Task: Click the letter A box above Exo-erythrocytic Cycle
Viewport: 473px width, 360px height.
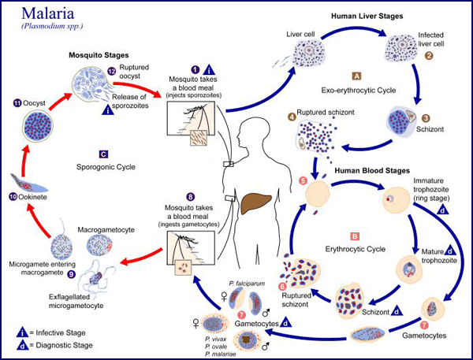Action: tap(356, 76)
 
